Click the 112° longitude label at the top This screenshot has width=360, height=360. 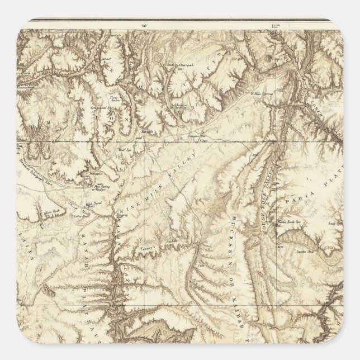point(274,25)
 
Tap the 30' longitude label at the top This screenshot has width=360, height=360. point(144,25)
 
